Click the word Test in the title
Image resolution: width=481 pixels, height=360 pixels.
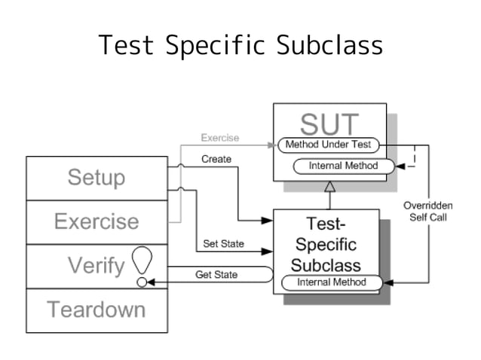126,45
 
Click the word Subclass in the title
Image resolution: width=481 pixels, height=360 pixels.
329,45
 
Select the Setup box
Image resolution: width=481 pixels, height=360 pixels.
97,178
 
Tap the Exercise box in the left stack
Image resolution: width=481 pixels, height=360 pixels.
97,221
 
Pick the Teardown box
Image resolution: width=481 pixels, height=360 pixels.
97,310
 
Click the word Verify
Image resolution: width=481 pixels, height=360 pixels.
96,265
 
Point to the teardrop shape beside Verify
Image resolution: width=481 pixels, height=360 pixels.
142,260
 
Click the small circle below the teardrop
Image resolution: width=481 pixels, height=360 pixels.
142,282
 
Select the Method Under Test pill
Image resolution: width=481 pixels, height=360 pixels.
329,145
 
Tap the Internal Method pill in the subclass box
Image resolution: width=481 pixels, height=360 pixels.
331,282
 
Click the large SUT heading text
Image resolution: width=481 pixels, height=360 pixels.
329,124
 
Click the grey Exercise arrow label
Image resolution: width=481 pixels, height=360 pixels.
219,138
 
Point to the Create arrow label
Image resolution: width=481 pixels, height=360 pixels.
216,159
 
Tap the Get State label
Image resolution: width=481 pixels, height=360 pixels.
216,275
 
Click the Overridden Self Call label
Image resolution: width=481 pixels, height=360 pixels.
427,211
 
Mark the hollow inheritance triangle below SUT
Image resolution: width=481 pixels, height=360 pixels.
329,186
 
